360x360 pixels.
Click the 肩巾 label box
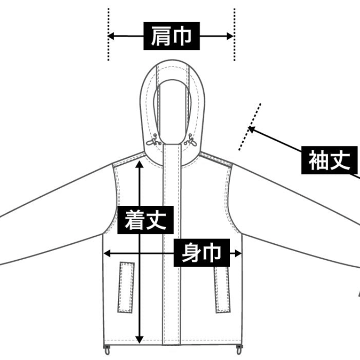click(x=171, y=36)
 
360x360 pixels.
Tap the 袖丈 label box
click(x=329, y=160)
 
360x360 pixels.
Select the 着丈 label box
click(x=145, y=220)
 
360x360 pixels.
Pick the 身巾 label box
click(x=202, y=252)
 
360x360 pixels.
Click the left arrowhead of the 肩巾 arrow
click(x=110, y=36)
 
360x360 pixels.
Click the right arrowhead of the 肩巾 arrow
click(x=230, y=36)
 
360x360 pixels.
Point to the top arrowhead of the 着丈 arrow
click(x=139, y=164)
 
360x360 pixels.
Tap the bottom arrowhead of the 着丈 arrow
click(x=139, y=340)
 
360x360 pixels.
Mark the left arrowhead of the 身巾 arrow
click(x=107, y=254)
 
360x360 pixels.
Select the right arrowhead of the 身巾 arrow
click(x=238, y=254)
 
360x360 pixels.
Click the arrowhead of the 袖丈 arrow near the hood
click(x=252, y=130)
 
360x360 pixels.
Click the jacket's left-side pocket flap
click(x=126, y=287)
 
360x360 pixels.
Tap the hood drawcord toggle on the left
click(x=153, y=141)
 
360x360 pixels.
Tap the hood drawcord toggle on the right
click(x=191, y=141)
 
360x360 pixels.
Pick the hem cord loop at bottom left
click(x=106, y=350)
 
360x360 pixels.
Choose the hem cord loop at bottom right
click(x=239, y=350)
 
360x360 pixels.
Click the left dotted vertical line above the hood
click(x=108, y=34)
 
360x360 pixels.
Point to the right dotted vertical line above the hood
click(x=234, y=34)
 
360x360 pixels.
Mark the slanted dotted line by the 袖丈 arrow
click(x=250, y=127)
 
